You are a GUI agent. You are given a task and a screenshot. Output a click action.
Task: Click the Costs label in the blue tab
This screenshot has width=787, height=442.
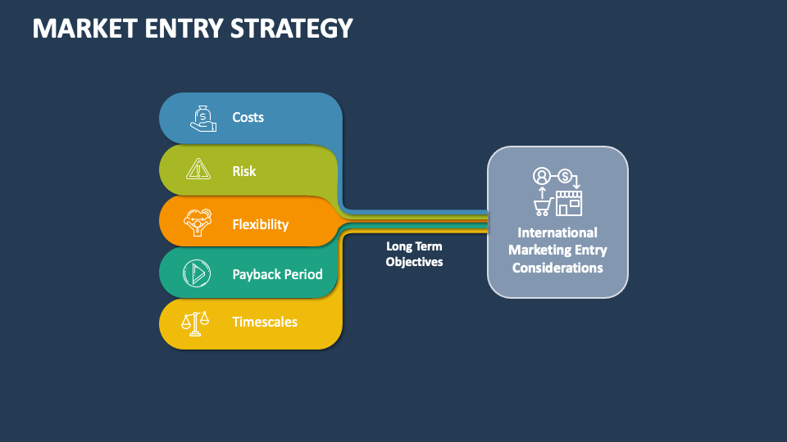pos(248,117)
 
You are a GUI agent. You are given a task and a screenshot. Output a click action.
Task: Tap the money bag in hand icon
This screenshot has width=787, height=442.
pos(202,118)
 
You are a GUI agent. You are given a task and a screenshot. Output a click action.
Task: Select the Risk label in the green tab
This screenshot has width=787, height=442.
pos(243,171)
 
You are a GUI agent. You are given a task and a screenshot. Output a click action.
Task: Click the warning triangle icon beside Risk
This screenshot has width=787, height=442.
pos(198,169)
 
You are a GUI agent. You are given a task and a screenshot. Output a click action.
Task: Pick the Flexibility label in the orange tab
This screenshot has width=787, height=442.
pos(260,224)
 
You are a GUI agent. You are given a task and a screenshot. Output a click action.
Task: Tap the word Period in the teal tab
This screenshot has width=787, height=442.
pos(304,274)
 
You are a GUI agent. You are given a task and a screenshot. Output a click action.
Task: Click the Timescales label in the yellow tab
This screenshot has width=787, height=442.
pos(264,322)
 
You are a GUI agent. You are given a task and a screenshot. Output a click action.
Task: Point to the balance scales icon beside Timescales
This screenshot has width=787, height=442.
pos(195,322)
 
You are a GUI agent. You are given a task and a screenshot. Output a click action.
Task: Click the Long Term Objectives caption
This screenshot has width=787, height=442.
pos(414,254)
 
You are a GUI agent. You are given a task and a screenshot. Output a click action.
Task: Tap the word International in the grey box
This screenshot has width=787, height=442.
pos(557,232)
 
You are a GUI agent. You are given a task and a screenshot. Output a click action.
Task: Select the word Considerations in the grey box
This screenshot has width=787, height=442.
pos(557,268)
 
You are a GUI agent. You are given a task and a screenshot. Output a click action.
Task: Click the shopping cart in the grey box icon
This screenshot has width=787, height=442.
pos(542,206)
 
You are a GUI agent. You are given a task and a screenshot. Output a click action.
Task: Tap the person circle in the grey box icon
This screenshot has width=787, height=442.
pos(541,175)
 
